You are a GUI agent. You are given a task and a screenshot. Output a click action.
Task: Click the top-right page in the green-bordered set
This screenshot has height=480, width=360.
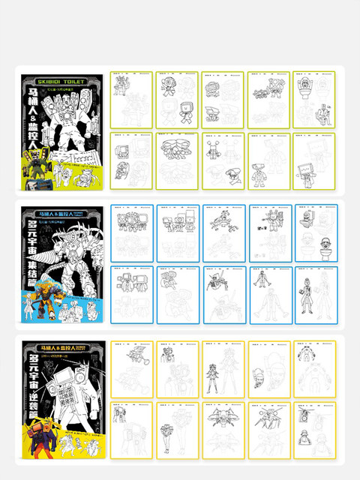(x=313, y=99)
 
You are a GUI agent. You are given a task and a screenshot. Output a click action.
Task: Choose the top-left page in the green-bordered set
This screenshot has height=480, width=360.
(x=131, y=99)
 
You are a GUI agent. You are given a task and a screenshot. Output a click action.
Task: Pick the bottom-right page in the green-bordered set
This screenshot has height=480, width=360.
(x=313, y=160)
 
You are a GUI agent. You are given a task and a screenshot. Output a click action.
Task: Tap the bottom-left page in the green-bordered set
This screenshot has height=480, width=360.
(x=131, y=160)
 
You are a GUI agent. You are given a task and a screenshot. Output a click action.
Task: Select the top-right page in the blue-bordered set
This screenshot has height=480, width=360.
(x=313, y=232)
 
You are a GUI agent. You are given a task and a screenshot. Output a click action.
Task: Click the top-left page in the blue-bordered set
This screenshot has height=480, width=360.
(x=131, y=232)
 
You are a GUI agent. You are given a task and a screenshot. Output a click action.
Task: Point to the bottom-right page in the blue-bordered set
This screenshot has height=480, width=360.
(x=313, y=294)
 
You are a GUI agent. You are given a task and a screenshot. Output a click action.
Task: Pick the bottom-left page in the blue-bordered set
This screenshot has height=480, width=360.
(x=131, y=294)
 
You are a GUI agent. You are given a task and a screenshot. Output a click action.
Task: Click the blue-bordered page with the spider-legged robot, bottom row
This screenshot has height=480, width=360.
(x=223, y=294)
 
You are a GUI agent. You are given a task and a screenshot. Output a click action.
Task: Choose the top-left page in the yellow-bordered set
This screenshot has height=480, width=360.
(x=131, y=368)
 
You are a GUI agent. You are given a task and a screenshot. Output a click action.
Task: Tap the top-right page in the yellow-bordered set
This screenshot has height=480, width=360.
(x=313, y=368)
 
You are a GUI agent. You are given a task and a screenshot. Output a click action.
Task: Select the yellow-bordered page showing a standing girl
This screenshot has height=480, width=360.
(x=223, y=368)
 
